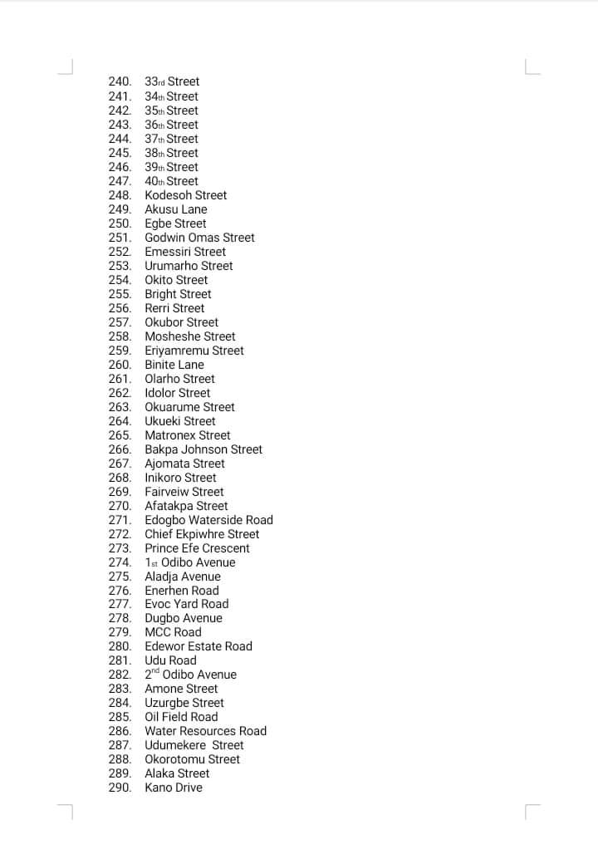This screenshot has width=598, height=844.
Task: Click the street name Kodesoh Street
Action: tap(185, 195)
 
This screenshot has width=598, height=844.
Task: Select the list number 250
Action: tap(120, 223)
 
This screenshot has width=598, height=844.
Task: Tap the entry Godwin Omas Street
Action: tap(199, 238)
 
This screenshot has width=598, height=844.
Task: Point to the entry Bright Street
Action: tap(178, 294)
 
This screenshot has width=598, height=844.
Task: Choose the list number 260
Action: tap(120, 365)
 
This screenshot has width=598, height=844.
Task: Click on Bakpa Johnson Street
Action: tap(203, 449)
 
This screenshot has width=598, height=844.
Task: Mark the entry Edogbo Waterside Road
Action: tap(208, 520)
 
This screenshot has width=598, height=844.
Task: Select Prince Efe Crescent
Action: tap(197, 548)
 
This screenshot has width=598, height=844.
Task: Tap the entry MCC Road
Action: tap(173, 632)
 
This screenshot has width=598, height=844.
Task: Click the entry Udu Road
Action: tap(170, 660)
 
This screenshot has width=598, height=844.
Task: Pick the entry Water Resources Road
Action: tap(205, 731)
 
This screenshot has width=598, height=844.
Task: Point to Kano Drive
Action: tap(174, 788)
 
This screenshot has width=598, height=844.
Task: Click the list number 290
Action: tap(120, 788)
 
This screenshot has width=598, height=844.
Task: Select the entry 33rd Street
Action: tap(172, 81)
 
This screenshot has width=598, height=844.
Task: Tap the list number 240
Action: tap(120, 81)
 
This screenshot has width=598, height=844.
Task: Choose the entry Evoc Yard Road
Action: tap(186, 604)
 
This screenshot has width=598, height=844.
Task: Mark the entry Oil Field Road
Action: tap(181, 717)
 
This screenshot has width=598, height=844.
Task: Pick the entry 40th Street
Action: tap(171, 181)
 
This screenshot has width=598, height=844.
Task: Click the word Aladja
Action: tap(162, 577)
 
